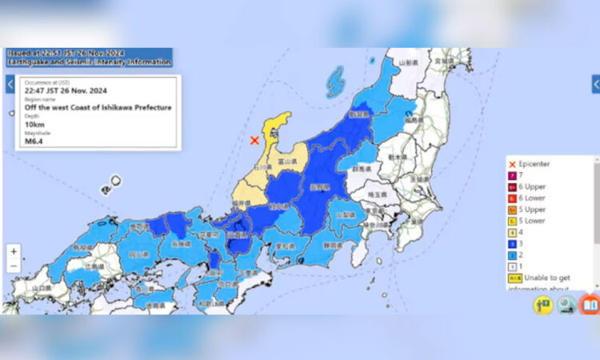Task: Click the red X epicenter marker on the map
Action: point(254,140)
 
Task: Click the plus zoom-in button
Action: point(14,251)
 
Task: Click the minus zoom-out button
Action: point(14,266)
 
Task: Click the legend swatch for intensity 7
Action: point(512,175)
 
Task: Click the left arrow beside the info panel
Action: point(10,83)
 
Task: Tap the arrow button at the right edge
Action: point(595,84)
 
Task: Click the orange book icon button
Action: point(590,304)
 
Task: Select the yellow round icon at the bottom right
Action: point(544,304)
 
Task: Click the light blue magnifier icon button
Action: point(566,304)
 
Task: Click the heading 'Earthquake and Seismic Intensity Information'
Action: point(89,62)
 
